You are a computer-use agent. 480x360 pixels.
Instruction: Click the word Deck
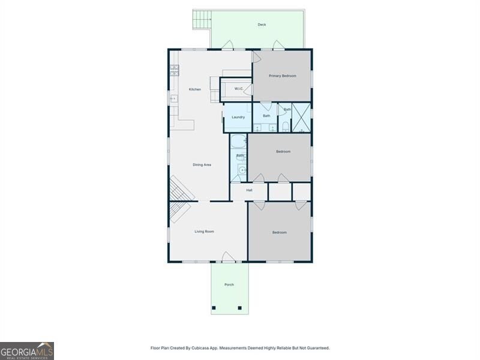tap(262, 25)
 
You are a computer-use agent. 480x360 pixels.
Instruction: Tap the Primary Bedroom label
tap(282, 76)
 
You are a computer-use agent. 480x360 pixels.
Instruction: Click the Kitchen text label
tap(195, 89)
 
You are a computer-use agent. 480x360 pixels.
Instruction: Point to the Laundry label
tap(238, 117)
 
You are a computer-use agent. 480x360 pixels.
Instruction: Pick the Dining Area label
tap(202, 164)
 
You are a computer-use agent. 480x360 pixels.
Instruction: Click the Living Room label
tap(204, 231)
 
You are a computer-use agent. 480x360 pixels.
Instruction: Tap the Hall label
tap(249, 190)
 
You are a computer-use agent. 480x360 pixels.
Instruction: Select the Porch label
tap(229, 284)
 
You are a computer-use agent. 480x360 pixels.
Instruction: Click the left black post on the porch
tap(214, 308)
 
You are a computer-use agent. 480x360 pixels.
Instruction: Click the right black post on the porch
tap(239, 308)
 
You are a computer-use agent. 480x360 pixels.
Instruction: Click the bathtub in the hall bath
tap(238, 143)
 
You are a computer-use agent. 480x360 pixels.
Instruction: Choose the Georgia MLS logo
tap(27, 350)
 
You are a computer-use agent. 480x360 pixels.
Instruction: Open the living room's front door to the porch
tap(229, 257)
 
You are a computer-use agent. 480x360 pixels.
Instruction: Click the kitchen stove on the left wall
tap(174, 71)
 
